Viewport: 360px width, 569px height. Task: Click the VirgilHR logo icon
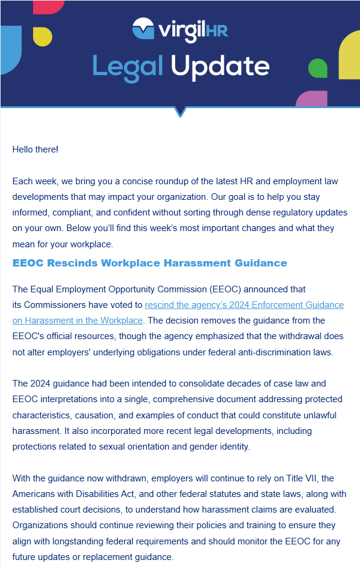pos(145,28)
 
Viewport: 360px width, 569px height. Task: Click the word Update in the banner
pos(219,66)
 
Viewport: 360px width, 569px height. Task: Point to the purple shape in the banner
pos(312,98)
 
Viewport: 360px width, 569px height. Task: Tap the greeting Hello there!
pos(35,149)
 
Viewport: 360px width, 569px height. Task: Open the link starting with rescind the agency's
pos(244,305)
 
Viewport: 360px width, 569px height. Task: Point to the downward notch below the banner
pos(180,112)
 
